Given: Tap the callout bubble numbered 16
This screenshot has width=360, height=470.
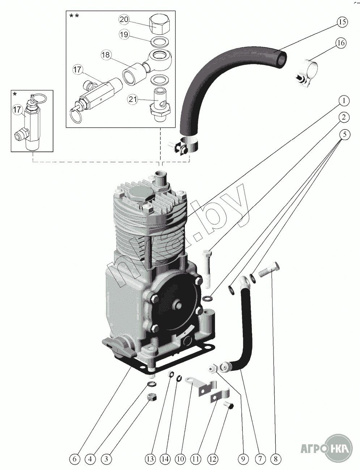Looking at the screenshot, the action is coord(340,43).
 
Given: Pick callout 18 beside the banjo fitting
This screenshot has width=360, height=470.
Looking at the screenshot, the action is coord(106,55).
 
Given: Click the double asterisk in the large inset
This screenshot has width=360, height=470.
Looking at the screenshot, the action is coord(74,16).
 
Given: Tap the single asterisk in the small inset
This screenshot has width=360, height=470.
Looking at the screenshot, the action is coord(15,94).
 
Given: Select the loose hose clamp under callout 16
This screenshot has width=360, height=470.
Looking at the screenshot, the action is coord(306,74).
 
